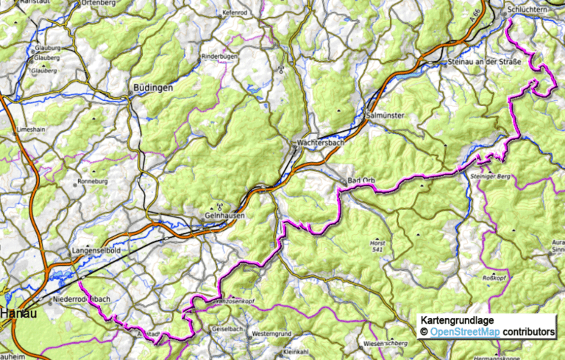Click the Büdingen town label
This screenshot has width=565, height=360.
[x=153, y=88]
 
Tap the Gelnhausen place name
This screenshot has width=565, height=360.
[x=224, y=216]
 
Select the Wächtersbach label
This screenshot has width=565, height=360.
[x=321, y=143]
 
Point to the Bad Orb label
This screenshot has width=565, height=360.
[x=361, y=180]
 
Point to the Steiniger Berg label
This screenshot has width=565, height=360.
[x=488, y=177]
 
